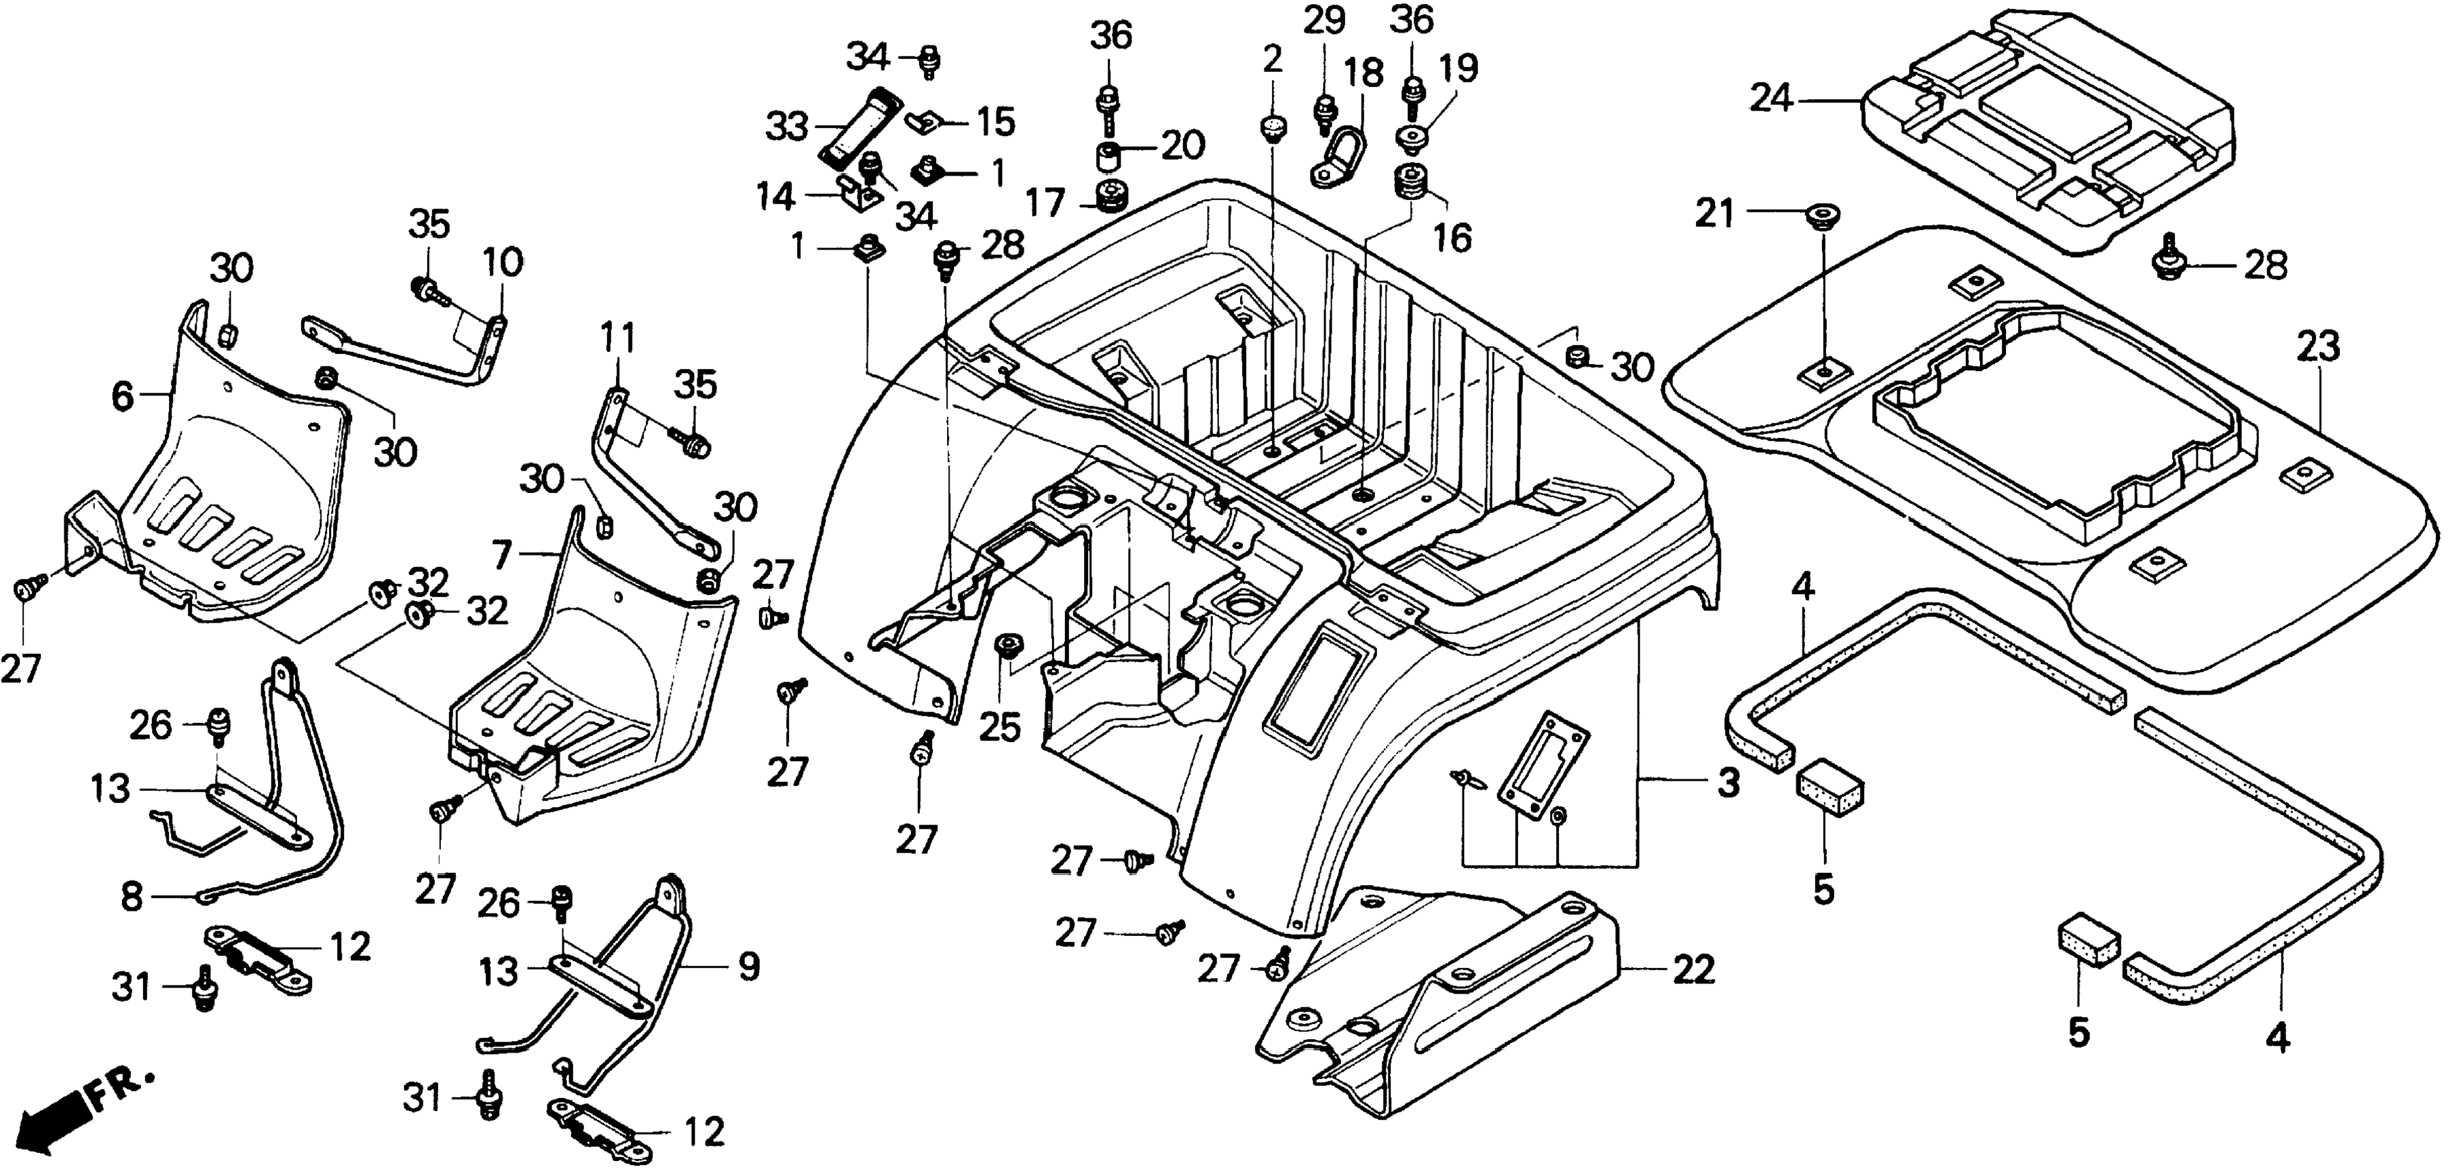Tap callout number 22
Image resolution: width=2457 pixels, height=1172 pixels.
1693,971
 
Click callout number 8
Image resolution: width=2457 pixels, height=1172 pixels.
132,897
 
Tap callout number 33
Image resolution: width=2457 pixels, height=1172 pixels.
787,126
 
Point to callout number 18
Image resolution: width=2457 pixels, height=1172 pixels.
1364,73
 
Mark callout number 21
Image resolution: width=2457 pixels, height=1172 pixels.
1715,214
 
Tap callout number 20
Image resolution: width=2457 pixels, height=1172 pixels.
1183,145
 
